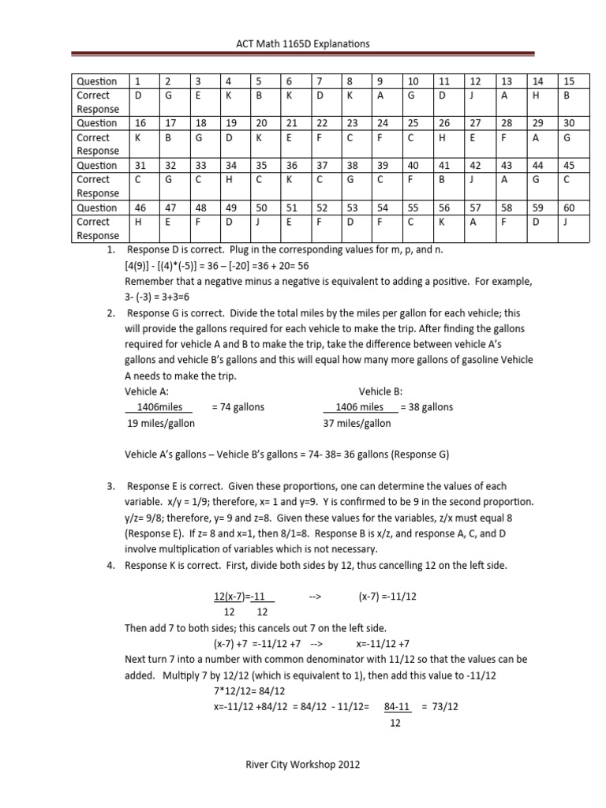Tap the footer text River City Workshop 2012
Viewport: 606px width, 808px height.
(x=304, y=765)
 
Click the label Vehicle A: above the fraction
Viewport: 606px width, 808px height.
(x=147, y=391)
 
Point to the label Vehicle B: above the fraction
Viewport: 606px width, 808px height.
(x=381, y=391)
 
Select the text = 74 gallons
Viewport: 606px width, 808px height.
(x=238, y=407)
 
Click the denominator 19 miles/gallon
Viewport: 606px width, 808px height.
(x=161, y=423)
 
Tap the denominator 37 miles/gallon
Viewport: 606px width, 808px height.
(x=357, y=423)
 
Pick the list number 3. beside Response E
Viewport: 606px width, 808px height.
(x=112, y=487)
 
